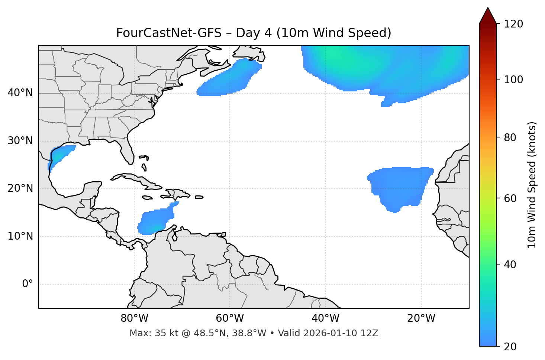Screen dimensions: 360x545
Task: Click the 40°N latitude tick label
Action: tap(20, 93)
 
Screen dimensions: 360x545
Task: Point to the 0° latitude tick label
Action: tap(28, 284)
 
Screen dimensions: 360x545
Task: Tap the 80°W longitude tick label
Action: tap(134, 318)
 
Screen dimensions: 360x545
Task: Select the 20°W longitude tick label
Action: tap(421, 318)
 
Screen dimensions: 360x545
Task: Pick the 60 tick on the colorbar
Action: tap(510, 198)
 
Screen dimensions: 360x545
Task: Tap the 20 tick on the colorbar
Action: tap(510, 347)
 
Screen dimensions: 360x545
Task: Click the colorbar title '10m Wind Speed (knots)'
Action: tap(532, 185)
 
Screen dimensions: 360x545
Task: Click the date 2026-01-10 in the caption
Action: tap(331, 333)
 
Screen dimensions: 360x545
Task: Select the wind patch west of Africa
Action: tap(400, 186)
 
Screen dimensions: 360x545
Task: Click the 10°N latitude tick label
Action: tap(20, 236)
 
